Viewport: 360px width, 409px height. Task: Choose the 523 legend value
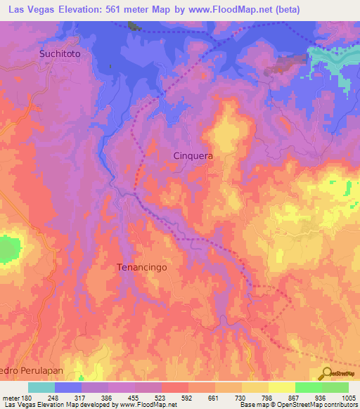pos(161,398)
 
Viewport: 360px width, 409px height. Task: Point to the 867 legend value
pos(294,398)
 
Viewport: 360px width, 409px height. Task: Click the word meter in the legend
pos(11,398)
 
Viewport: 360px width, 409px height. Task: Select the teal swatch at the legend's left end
pos(41,387)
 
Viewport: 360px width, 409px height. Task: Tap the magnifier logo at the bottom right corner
pos(326,372)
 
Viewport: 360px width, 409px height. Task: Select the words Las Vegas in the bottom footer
pos(18,405)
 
